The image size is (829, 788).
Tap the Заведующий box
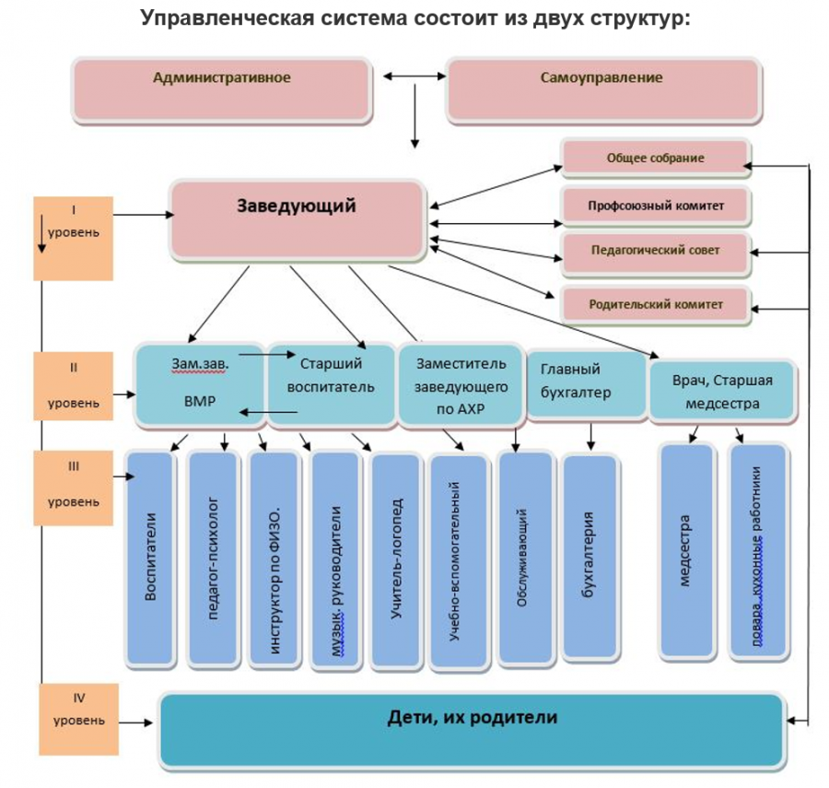click(x=297, y=218)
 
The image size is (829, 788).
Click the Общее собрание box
click(x=655, y=159)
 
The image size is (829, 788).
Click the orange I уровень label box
click(x=73, y=238)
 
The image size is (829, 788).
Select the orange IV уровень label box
click(x=78, y=719)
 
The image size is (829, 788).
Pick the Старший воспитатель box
click(x=330, y=385)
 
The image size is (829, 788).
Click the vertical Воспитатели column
click(x=151, y=558)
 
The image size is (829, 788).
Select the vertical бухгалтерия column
click(x=588, y=558)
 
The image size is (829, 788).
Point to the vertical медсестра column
click(x=686, y=550)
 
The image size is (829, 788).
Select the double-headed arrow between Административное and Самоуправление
click(x=410, y=77)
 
